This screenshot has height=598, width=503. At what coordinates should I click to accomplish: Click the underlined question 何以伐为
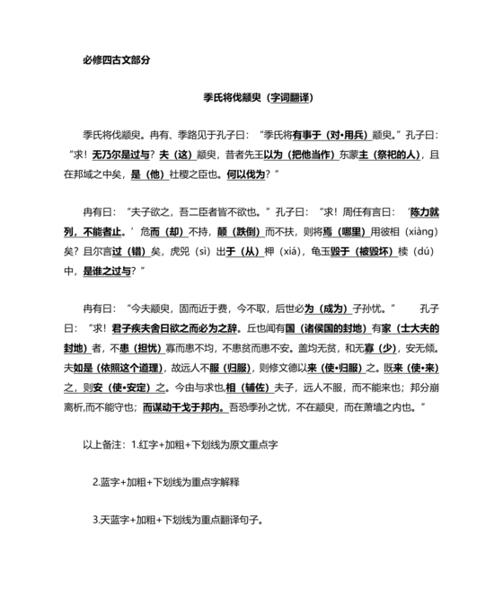point(248,174)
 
